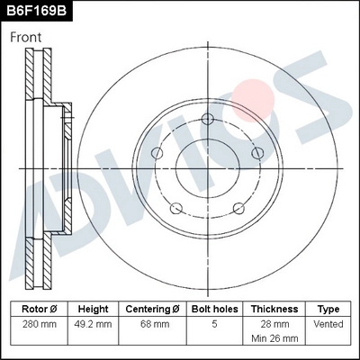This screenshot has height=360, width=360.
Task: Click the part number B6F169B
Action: click(x=37, y=11)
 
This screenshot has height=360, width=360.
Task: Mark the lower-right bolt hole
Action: click(x=238, y=211)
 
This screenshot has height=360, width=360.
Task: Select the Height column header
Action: click(x=94, y=309)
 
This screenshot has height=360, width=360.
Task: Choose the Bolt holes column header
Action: click(x=215, y=309)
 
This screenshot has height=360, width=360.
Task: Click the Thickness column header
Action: click(x=274, y=309)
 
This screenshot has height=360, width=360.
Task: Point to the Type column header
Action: click(x=328, y=309)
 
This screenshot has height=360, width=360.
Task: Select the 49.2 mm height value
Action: click(x=94, y=323)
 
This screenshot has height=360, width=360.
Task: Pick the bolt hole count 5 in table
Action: click(x=215, y=323)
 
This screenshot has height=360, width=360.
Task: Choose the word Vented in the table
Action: click(x=328, y=323)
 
